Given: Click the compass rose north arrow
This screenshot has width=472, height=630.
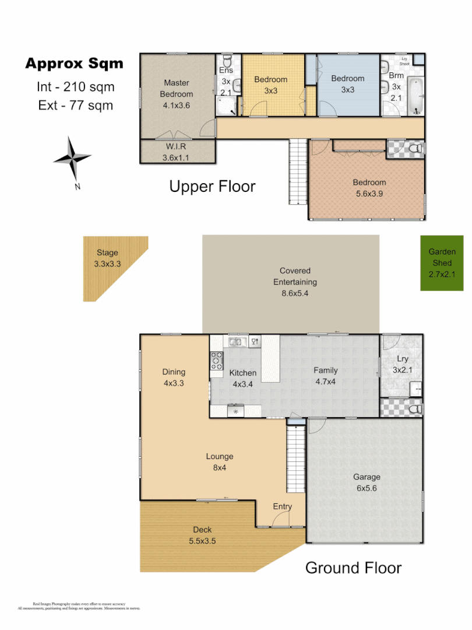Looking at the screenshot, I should point(72,158).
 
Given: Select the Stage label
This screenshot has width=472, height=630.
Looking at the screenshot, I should point(107,258).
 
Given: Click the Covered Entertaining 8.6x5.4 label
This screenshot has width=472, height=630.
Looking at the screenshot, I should point(295,282).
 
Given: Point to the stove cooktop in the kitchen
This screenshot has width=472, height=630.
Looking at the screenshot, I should point(217,362).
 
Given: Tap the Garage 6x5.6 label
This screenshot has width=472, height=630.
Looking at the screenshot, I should point(367,482).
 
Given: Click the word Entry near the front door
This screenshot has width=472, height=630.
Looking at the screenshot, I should point(282,506).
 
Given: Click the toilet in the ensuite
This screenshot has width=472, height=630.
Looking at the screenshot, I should point(228,62).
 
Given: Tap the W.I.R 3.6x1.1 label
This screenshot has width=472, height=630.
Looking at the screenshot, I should point(175,152).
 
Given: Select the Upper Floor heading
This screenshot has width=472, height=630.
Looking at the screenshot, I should point(212,187).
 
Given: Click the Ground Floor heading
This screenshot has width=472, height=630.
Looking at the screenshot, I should point(353,567).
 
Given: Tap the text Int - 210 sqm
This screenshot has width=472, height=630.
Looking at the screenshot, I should point(75,87).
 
